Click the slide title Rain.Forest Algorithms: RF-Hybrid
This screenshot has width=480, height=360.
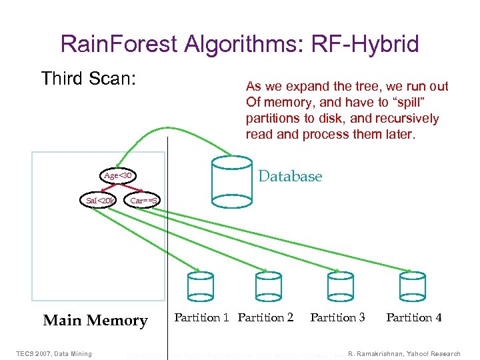pyautogui.click(x=239, y=44)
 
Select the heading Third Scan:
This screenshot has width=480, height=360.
pyautogui.click(x=89, y=79)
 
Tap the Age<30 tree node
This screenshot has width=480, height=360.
pyautogui.click(x=120, y=176)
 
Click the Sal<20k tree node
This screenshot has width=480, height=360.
pyautogui.click(x=100, y=200)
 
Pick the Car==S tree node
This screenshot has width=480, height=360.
pyautogui.click(x=143, y=200)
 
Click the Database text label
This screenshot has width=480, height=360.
pyautogui.click(x=290, y=177)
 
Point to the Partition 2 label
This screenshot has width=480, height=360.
pyautogui.click(x=265, y=317)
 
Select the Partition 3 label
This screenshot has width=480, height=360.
pyautogui.click(x=337, y=317)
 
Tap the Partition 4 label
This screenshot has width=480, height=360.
pyautogui.click(x=413, y=317)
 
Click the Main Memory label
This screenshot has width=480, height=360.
pyautogui.click(x=95, y=321)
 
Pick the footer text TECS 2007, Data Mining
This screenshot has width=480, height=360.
pyautogui.click(x=55, y=353)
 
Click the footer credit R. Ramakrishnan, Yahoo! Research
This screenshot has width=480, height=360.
pyautogui.click(x=404, y=353)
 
